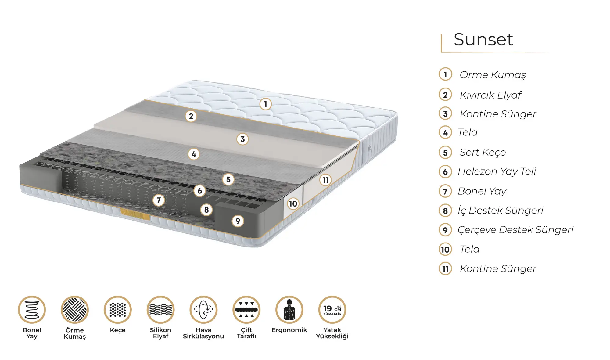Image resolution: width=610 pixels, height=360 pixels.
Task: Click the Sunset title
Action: click(x=483, y=39)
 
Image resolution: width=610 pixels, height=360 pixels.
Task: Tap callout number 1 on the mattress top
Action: click(x=265, y=104)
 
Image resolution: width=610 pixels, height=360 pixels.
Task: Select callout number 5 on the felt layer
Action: click(x=228, y=180)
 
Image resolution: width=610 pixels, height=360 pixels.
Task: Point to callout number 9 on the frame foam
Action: click(x=238, y=221)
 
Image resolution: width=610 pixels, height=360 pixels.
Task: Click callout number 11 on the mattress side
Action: click(x=326, y=180)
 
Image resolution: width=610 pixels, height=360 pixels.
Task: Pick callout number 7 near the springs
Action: click(x=159, y=200)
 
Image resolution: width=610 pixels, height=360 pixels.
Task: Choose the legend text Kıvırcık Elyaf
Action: click(x=491, y=95)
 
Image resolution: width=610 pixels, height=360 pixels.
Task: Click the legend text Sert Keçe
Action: click(x=483, y=152)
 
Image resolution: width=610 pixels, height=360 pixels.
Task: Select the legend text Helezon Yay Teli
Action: click(x=497, y=171)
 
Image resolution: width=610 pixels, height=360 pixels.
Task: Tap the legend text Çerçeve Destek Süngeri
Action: click(x=516, y=230)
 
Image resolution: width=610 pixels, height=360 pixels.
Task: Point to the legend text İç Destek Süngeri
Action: click(x=501, y=211)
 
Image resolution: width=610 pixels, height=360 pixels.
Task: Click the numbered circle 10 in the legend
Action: click(x=445, y=250)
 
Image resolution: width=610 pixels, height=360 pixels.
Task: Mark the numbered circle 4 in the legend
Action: click(x=445, y=133)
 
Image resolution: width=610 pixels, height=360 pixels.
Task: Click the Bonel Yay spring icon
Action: click(x=32, y=310)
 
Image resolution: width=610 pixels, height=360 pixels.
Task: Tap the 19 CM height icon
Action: click(x=332, y=310)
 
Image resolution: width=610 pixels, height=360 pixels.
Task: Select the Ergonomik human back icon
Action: click(x=289, y=310)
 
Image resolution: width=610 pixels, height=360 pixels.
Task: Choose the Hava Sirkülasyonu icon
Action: click(x=203, y=310)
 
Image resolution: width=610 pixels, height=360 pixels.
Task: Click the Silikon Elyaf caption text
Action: click(x=160, y=333)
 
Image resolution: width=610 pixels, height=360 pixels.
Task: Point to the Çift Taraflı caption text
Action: click(x=246, y=333)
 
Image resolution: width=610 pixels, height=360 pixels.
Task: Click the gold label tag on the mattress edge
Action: click(x=135, y=214)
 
